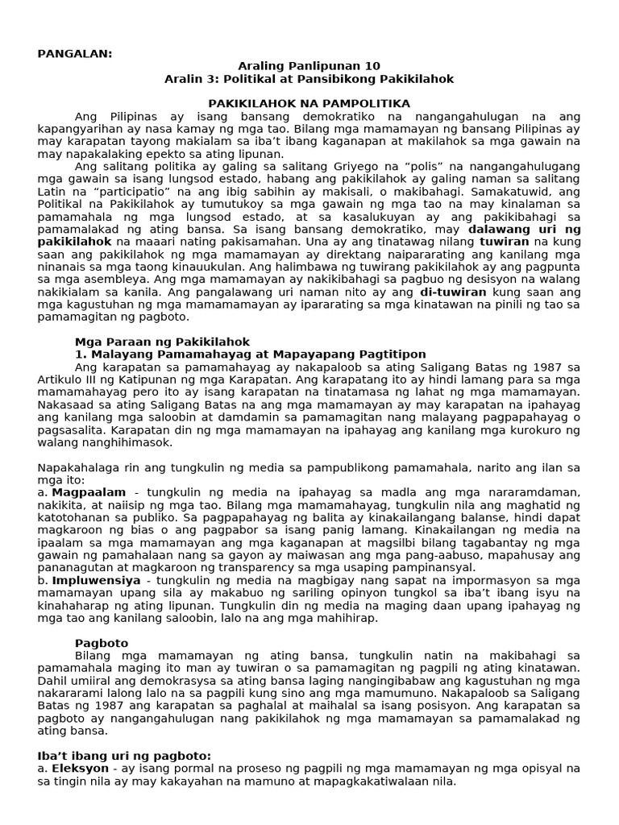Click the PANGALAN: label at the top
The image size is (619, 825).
click(75, 53)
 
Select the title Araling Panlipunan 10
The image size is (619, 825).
click(309, 66)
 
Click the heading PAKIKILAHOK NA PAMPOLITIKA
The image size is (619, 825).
click(309, 104)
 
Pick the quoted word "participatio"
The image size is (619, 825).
click(181, 192)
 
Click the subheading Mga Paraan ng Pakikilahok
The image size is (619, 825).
click(162, 342)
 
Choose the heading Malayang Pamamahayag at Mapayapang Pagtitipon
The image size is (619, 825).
click(258, 354)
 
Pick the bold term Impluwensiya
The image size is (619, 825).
click(96, 580)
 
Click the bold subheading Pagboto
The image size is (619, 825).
click(102, 643)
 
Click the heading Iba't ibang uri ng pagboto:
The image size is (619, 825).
click(124, 756)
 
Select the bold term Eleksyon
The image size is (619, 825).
click(81, 769)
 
